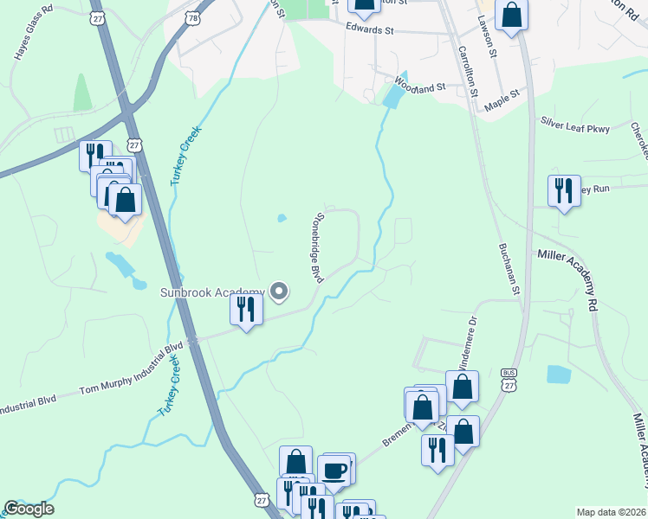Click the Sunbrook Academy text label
click(211, 292)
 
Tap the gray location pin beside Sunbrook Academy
click(279, 293)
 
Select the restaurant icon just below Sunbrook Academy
click(246, 310)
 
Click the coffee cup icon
click(335, 471)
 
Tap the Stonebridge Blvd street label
click(317, 247)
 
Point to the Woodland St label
click(419, 86)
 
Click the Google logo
click(29, 509)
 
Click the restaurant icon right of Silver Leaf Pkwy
click(564, 190)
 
